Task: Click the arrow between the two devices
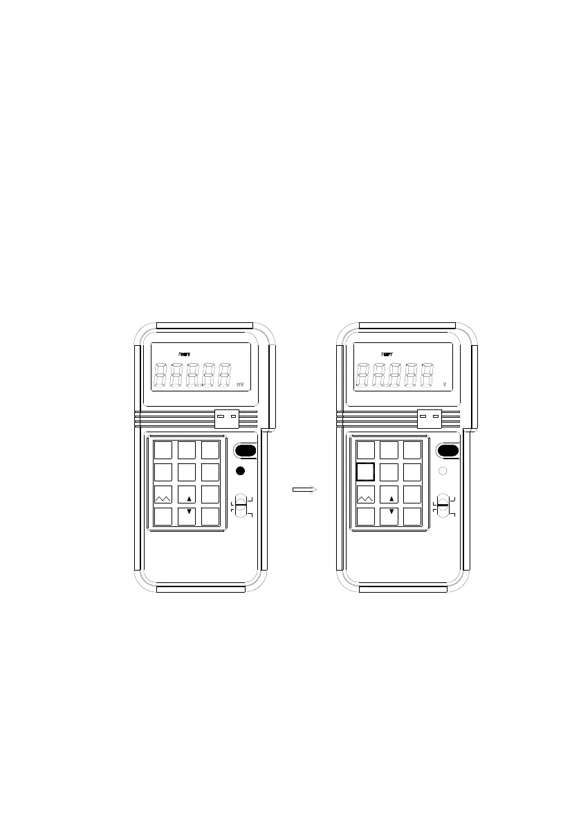point(304,489)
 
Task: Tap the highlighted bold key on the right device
point(365,472)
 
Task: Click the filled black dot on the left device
point(241,471)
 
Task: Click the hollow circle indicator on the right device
point(443,471)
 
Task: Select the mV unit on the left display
point(241,384)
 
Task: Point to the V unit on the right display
point(444,384)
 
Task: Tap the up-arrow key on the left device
point(188,495)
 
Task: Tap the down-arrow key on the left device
point(188,517)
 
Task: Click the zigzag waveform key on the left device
point(163,495)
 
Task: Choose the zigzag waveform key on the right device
point(366,495)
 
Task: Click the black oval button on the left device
point(246,451)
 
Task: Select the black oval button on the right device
point(448,451)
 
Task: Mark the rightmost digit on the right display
point(427,376)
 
